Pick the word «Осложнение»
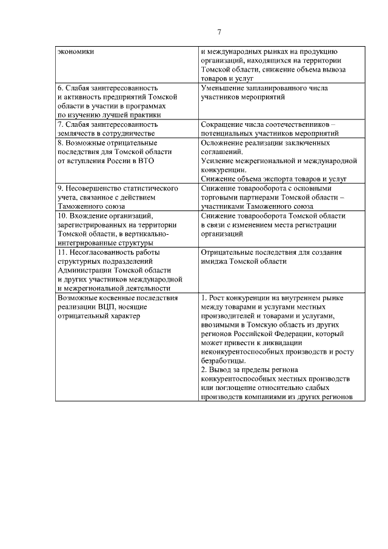pyautogui.click(x=224, y=143)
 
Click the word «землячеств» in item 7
pyautogui.click(x=76, y=133)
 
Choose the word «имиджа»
pyautogui.click(x=213, y=261)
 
